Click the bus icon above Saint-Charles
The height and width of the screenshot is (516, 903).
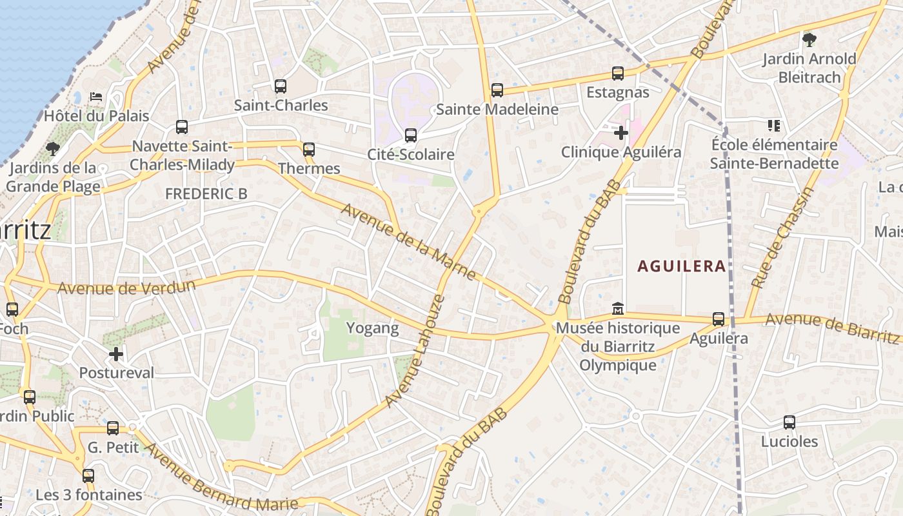coord(280,86)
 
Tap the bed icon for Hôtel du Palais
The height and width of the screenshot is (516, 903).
coord(96,97)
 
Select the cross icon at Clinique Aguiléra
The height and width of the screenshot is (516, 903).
coord(621,133)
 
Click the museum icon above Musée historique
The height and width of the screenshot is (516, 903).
coord(617,308)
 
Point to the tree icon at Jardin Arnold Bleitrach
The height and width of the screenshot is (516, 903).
coord(809,40)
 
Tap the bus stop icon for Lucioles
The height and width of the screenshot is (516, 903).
coord(789,422)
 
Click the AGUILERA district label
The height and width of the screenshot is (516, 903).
coord(682,266)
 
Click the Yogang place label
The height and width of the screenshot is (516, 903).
coord(373,328)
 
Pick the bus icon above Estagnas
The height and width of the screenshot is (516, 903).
coord(618,74)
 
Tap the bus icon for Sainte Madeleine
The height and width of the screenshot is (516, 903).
coord(497,90)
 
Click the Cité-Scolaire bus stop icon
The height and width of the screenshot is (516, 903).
coord(411,135)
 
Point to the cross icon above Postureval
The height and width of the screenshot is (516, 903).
coord(116,353)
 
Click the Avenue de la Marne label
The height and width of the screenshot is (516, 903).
coord(409,242)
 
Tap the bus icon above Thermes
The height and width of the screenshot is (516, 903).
coord(309,150)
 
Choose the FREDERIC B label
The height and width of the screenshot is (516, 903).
coord(206,193)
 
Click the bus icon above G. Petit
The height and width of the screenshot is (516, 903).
coord(113,428)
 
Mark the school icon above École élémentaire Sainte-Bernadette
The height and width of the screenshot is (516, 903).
coord(774,125)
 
